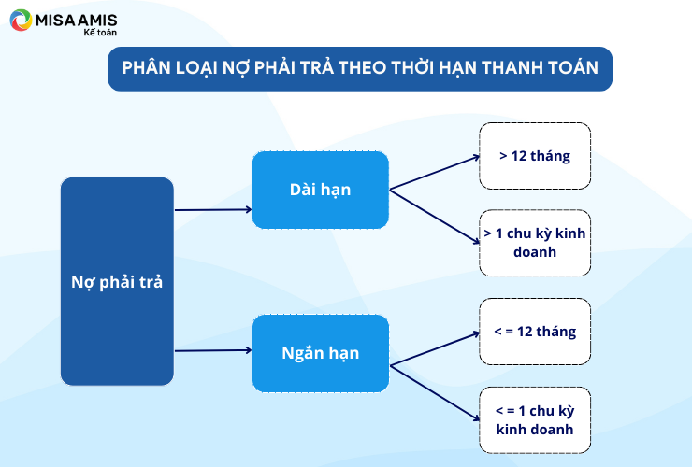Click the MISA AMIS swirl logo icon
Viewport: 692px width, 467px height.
[21, 21]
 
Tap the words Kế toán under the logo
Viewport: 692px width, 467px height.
[100, 32]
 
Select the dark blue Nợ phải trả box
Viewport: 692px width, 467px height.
[117, 281]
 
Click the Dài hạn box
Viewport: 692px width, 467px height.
[321, 190]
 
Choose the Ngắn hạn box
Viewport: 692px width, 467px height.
[321, 353]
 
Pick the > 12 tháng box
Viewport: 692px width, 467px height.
[535, 156]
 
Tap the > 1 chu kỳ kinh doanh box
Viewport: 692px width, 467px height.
[535, 243]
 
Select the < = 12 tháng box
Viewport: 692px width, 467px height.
[535, 332]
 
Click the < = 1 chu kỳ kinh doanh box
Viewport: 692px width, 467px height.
[535, 420]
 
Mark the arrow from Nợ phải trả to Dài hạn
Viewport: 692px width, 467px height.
[213, 210]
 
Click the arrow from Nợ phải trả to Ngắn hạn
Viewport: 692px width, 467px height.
[213, 350]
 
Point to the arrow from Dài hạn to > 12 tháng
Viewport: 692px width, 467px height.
[435, 173]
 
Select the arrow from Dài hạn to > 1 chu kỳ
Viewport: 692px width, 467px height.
[435, 217]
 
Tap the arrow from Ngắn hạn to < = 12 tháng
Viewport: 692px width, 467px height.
[435, 348]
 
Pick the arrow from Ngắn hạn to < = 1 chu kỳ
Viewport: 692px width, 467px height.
[435, 393]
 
